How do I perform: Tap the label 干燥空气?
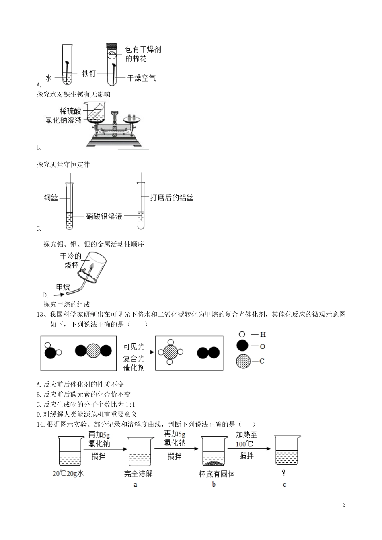coord(141,78)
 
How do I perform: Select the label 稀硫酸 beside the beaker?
coord(70,111)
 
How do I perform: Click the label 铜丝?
coord(51,198)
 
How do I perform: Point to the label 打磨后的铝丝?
coord(172,198)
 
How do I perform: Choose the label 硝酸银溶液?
coord(104,216)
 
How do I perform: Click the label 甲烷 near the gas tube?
coord(63,287)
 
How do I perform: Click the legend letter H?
coord(263,334)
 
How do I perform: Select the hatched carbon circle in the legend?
coord(242,361)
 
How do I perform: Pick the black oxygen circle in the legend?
coord(242,346)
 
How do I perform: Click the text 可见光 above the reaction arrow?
coord(133,347)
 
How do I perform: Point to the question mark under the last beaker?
coord(284,473)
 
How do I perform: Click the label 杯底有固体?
coord(216,474)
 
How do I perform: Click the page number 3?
coord(344,505)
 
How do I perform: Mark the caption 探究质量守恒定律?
coord(63,164)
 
